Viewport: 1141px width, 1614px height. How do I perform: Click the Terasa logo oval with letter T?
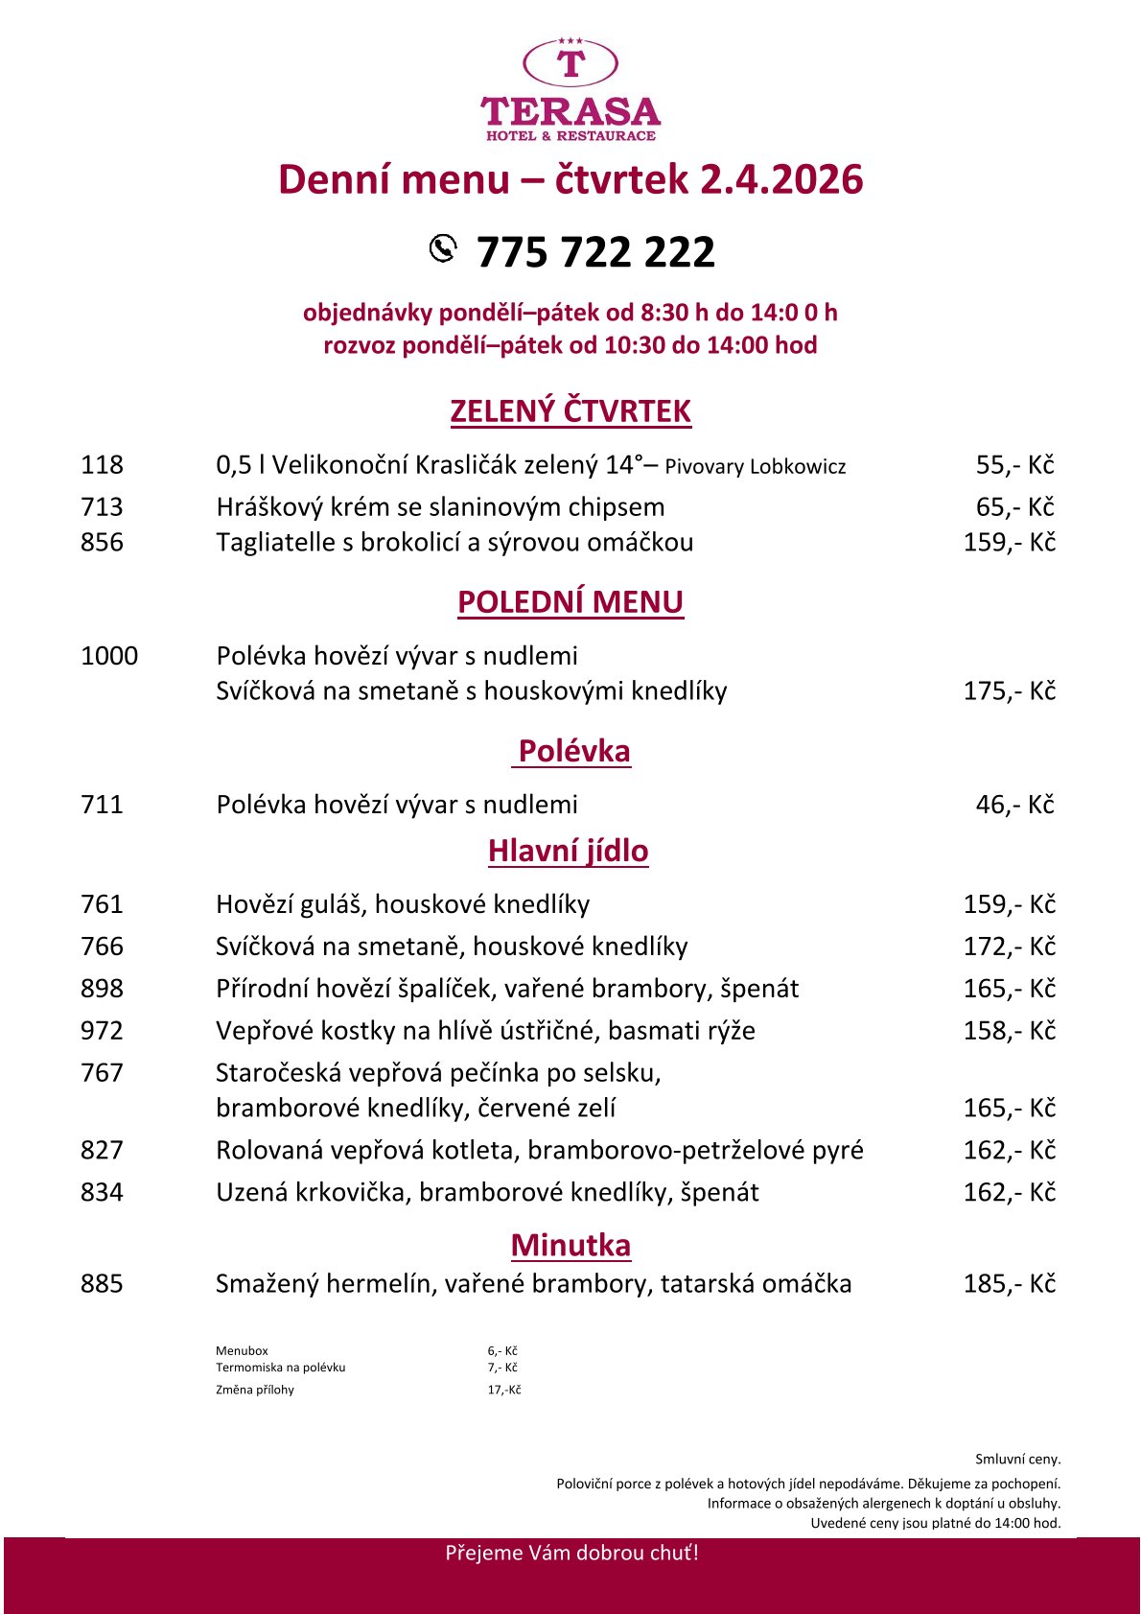coord(570,63)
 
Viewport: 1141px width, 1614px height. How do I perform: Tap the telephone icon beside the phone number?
coord(443,247)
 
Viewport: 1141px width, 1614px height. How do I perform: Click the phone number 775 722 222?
coord(595,252)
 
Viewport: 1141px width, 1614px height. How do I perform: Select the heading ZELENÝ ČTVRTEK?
coord(570,410)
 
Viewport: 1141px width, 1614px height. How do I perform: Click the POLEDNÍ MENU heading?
coord(570,601)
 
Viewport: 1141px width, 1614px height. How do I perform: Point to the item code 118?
coord(102,465)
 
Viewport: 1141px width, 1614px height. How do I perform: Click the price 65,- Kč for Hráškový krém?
coord(1014,506)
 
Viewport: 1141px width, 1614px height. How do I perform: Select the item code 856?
coord(102,542)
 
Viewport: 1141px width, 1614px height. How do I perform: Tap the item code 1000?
coord(109,656)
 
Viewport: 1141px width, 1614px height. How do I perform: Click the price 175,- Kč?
coord(1009,690)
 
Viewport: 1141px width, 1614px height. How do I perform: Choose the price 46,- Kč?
coord(1014,805)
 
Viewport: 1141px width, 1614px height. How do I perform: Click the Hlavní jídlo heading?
coord(569,851)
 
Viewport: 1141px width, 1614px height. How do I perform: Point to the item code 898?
coord(102,989)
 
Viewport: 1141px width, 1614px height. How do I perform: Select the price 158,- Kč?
coord(1009,1031)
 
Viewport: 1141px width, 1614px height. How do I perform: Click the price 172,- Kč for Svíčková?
coord(1009,947)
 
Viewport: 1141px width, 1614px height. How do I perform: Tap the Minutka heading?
coord(570,1245)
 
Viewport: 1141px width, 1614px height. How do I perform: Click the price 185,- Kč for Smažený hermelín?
coord(1009,1284)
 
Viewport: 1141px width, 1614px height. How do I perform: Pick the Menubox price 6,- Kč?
coord(502,1350)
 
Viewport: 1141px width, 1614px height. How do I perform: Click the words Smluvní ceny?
coord(1017,1459)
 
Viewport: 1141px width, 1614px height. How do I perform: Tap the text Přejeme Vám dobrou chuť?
coord(571,1553)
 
